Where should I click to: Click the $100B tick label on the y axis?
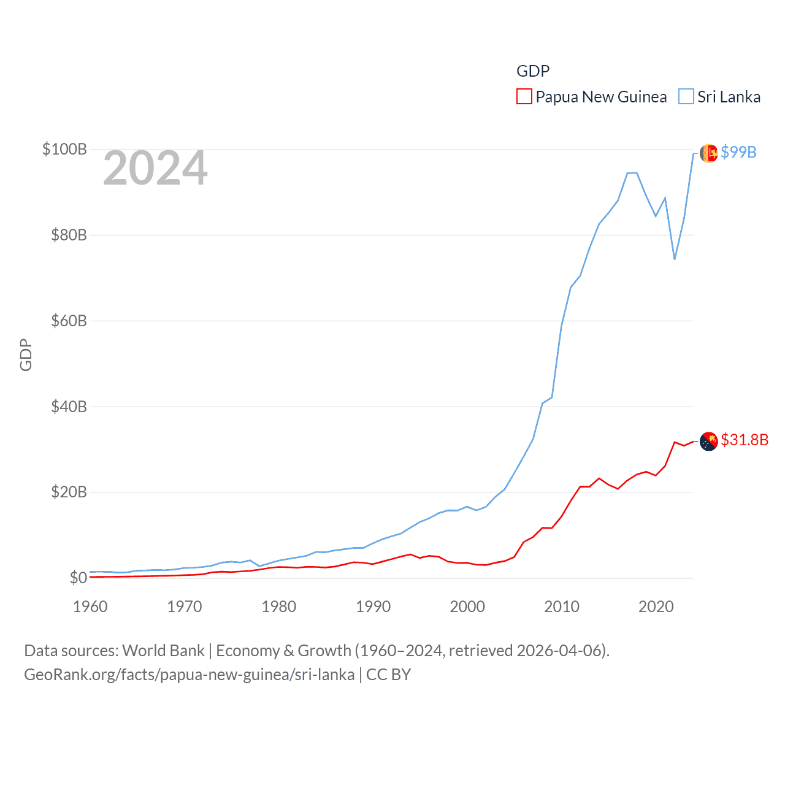64,149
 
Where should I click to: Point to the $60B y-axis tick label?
69,321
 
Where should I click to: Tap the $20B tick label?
69,492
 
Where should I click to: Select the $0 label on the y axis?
78,578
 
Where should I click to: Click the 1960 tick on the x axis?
90,607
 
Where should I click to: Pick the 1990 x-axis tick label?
373,607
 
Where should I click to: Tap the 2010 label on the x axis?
562,607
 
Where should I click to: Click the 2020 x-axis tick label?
656,607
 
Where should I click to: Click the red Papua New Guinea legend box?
524,97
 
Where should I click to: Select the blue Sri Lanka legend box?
686,97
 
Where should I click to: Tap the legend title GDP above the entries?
533,71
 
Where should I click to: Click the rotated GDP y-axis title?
26,354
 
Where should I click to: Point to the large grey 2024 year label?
155,168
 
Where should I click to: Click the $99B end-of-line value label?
738,152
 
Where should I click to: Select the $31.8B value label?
745,440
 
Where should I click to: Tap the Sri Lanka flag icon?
709,153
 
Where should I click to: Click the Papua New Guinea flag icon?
709,441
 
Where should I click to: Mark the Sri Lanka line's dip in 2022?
675,259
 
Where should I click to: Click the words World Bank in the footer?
164,650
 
